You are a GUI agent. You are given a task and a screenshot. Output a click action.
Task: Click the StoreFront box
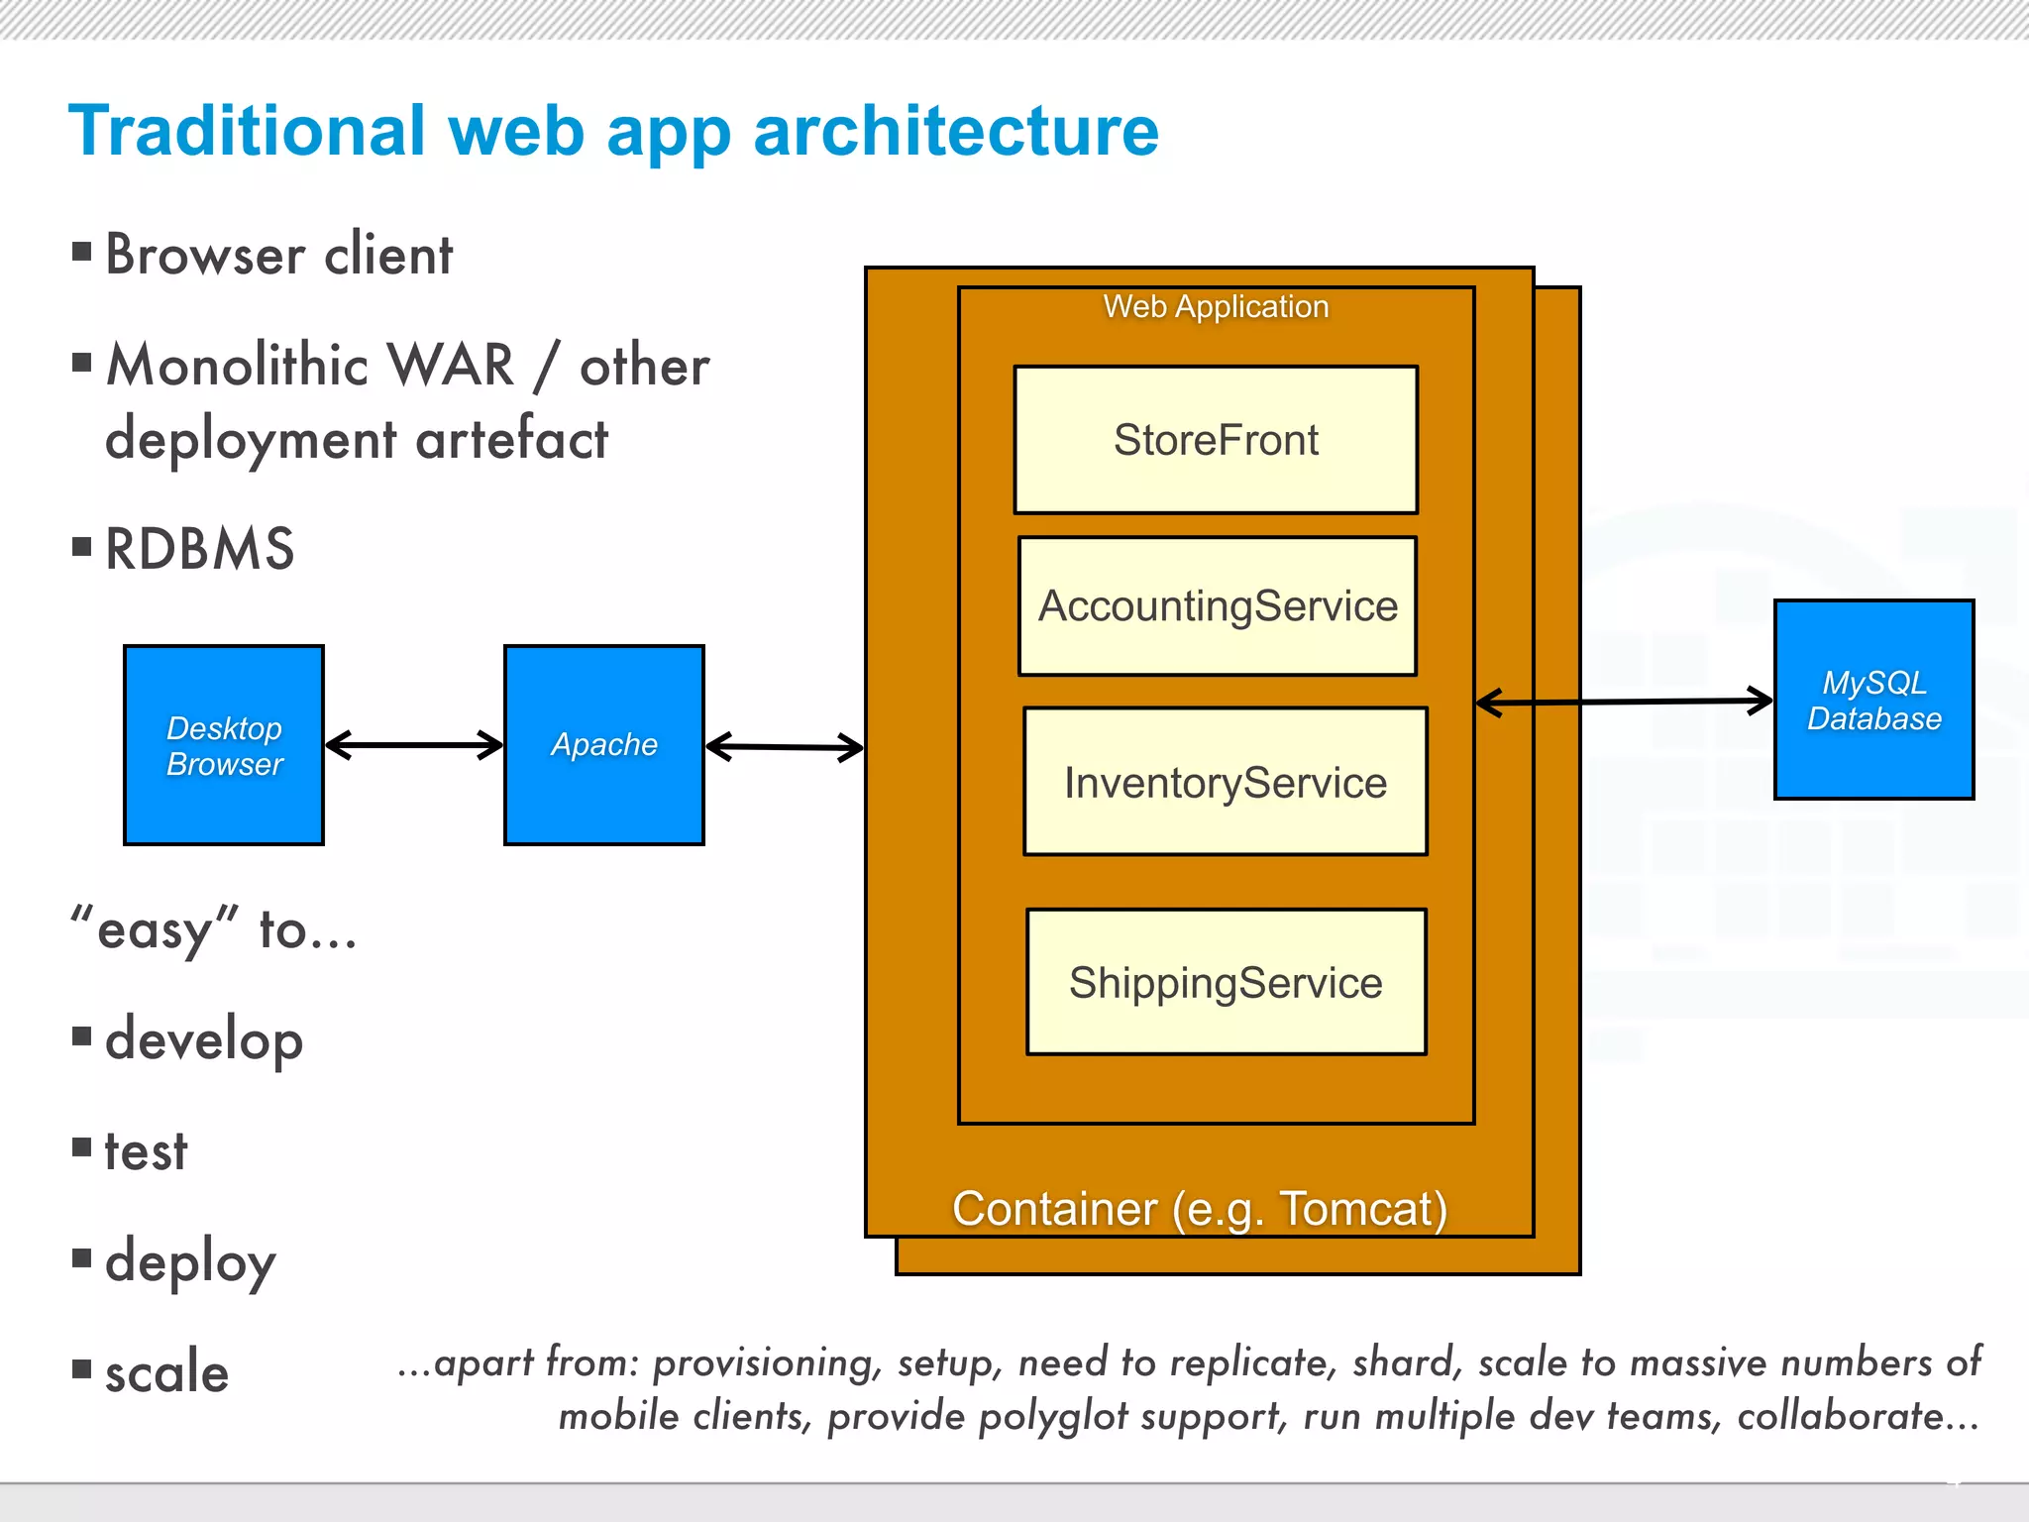click(x=1216, y=440)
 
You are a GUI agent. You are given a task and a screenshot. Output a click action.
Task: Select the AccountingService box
click(x=1218, y=606)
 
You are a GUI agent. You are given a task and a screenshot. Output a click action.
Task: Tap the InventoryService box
click(x=1226, y=782)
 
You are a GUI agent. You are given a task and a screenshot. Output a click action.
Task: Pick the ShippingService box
click(x=1226, y=982)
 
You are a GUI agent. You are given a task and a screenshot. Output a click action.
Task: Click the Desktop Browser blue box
click(x=224, y=745)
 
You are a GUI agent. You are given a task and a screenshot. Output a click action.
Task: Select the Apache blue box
click(x=604, y=745)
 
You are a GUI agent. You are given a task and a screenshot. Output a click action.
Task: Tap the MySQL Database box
click(x=1873, y=700)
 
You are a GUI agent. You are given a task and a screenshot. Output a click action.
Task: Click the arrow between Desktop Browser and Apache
click(x=414, y=745)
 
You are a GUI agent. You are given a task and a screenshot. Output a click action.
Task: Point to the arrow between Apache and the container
click(x=785, y=747)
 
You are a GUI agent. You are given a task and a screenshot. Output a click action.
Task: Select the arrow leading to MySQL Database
click(x=1625, y=702)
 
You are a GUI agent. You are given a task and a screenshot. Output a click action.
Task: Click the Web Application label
click(x=1216, y=307)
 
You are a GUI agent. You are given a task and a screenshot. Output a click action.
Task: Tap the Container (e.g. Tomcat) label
click(x=1200, y=1209)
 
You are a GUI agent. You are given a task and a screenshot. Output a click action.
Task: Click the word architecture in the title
click(x=955, y=132)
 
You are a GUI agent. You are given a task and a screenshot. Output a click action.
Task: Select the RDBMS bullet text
click(x=200, y=549)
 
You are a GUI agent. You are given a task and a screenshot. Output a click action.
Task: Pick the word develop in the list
click(x=204, y=1040)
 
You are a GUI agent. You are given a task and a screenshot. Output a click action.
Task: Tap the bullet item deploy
click(x=190, y=1262)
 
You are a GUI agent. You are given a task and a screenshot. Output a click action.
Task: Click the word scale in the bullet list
click(x=166, y=1373)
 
